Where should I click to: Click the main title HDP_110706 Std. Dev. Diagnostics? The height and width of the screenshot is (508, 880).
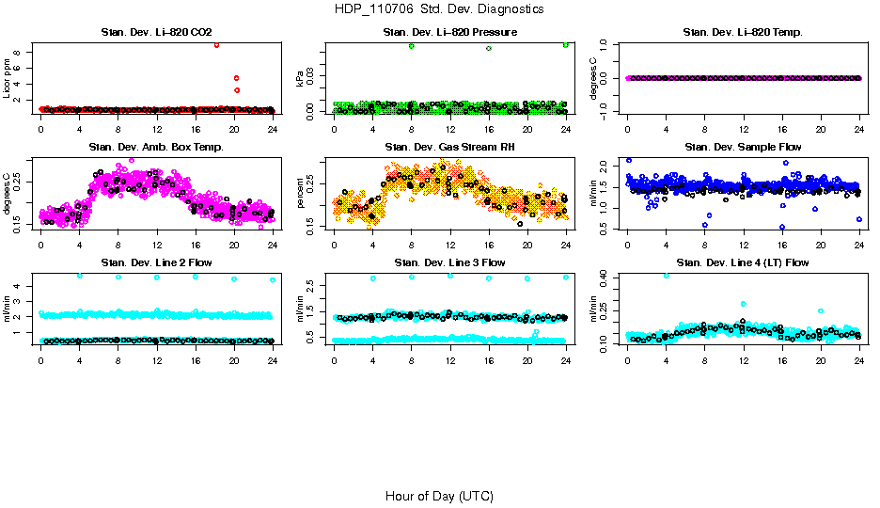point(438,8)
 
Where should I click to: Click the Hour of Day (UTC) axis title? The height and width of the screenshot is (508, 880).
point(439,496)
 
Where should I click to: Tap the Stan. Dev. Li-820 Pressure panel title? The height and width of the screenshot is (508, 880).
point(449,33)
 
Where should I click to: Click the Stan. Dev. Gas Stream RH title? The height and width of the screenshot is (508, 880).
point(449,148)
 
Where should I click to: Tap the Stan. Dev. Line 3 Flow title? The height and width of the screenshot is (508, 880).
point(449,262)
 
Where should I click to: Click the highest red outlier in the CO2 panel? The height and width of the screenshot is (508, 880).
point(217,44)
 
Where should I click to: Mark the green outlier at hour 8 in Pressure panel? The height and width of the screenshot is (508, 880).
point(412,46)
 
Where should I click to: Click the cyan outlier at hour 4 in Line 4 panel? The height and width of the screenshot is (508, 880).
point(667,276)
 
